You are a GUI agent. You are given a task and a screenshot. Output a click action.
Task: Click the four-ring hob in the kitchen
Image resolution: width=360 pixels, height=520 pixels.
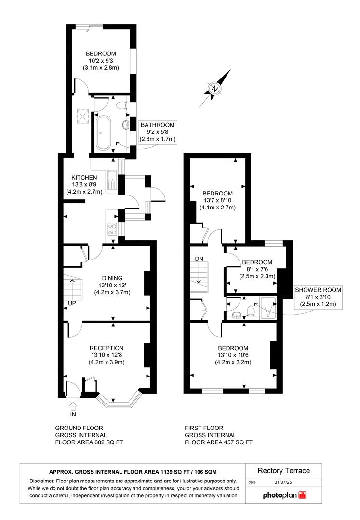tap(113, 229)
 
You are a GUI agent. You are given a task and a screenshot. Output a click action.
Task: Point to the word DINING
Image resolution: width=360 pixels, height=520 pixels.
tap(112, 278)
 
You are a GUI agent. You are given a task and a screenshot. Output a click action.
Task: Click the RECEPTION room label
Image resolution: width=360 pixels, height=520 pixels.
tap(107, 348)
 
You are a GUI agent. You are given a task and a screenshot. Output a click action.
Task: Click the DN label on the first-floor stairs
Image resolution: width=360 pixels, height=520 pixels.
tap(199, 259)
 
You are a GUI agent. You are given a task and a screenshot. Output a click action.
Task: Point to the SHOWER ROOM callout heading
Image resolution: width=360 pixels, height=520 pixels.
tap(318, 290)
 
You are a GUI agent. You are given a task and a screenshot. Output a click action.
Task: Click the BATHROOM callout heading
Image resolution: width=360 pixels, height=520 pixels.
tap(158, 125)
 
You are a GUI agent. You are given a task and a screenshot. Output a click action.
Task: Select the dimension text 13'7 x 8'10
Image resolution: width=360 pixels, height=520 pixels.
tap(217, 201)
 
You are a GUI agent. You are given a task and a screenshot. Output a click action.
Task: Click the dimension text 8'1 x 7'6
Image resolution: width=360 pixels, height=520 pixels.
tap(257, 270)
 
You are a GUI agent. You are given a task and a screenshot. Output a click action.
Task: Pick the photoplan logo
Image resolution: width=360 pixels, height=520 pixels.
tap(284, 495)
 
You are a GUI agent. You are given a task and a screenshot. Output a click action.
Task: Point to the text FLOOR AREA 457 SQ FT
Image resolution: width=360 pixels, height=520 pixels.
tap(219, 442)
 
